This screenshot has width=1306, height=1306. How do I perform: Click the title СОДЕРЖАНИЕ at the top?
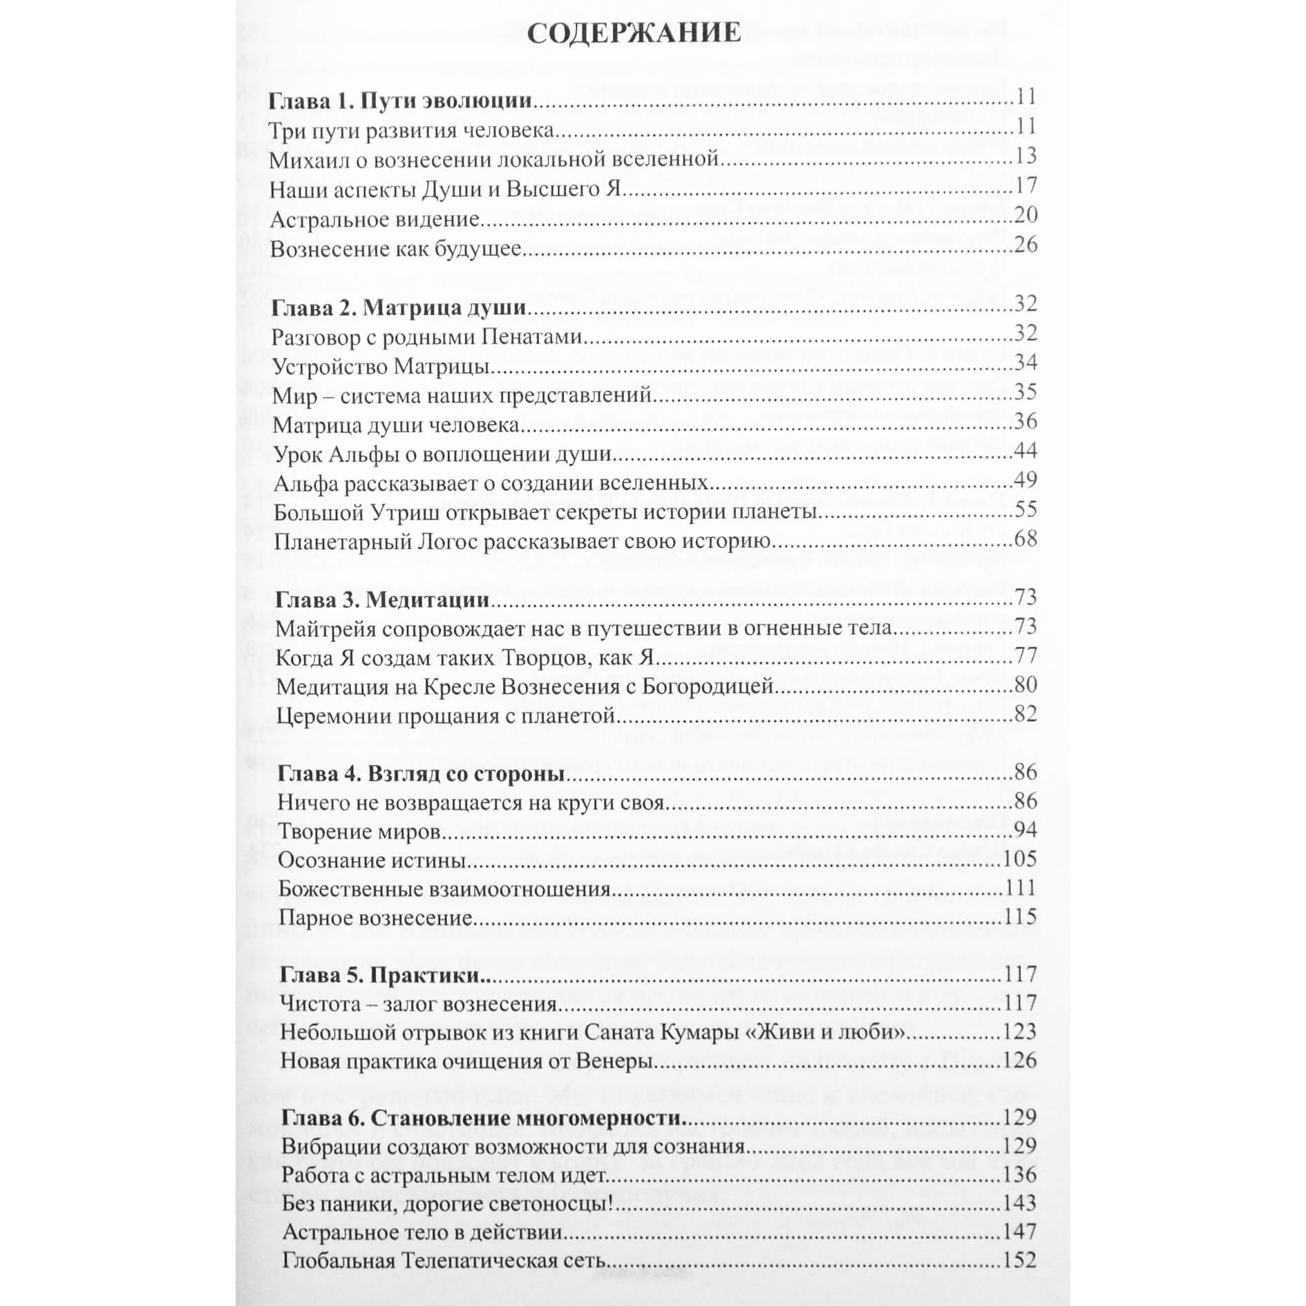(634, 33)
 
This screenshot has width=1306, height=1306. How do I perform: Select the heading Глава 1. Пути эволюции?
(400, 101)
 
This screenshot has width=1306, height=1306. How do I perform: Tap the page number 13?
(1025, 156)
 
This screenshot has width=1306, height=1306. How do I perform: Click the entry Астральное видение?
(375, 220)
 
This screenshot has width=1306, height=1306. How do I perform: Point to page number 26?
(1025, 245)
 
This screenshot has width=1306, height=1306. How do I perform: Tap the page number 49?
(1025, 480)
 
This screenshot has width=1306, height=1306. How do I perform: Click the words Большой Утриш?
(357, 513)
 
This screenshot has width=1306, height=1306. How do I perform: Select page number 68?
(1025, 538)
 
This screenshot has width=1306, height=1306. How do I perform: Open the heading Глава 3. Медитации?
(382, 599)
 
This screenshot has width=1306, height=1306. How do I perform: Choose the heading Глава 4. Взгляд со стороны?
(421, 773)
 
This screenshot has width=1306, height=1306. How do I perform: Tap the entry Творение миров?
(359, 831)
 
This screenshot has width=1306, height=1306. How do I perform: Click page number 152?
(1019, 1260)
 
